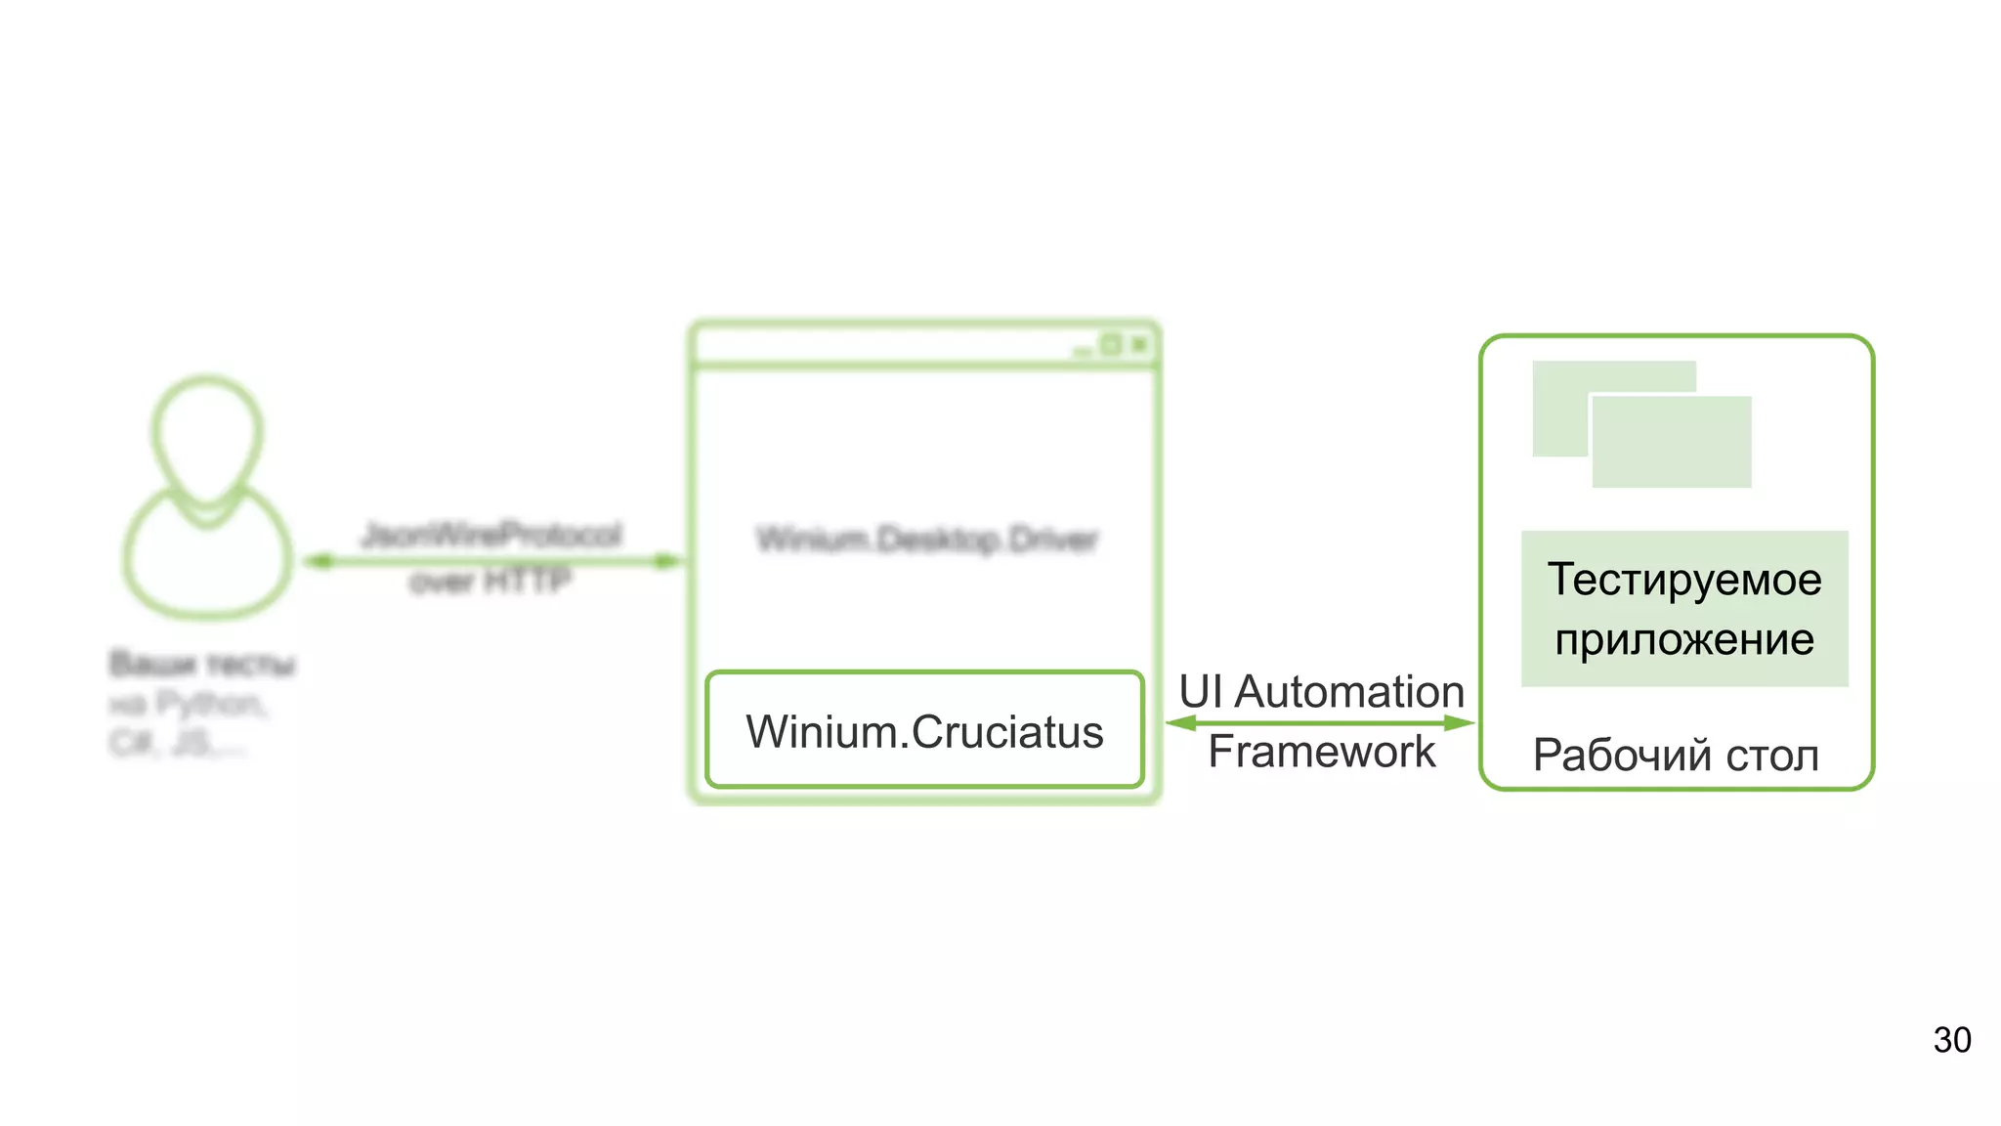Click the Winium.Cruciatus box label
pos(924,732)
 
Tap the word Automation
pos(1349,692)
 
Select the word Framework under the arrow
pos(1321,752)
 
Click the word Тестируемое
pos(1684,579)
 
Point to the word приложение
pos(1684,640)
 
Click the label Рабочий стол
pos(1676,756)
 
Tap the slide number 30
pos(1951,1040)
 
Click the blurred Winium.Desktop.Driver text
pos(927,540)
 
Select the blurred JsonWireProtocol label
pos(491,535)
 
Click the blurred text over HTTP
pos(490,583)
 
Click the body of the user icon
pos(207,562)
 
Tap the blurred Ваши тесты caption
pos(202,665)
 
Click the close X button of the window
pos(1139,344)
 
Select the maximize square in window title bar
pos(1111,344)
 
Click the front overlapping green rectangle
pos(1672,442)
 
